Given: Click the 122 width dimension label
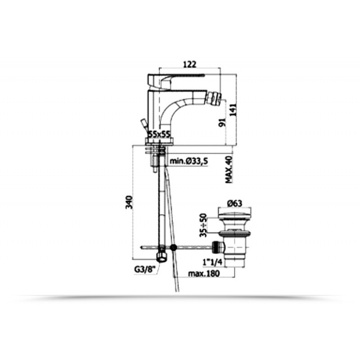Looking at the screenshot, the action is click(x=190, y=64).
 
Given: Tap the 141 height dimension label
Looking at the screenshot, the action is click(x=233, y=111).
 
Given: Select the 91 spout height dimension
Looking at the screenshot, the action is click(x=223, y=122).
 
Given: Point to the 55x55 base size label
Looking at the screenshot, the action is click(x=159, y=134).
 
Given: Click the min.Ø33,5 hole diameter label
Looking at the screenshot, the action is click(x=189, y=161).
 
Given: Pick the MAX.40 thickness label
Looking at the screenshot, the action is click(x=229, y=170).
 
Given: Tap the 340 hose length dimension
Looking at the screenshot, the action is click(x=130, y=202).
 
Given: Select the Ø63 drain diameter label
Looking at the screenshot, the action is click(x=234, y=203).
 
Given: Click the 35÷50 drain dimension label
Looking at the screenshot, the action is click(x=203, y=225).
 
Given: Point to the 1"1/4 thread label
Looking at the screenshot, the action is click(x=212, y=262).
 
